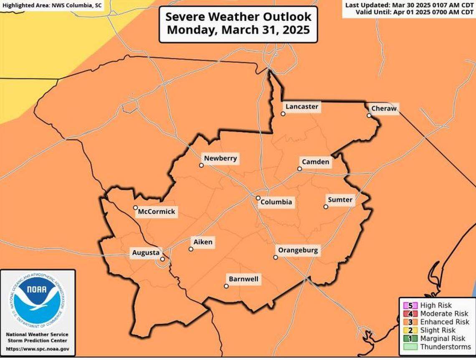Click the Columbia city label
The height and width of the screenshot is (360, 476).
(x=276, y=202)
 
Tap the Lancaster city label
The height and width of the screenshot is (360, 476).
(x=301, y=107)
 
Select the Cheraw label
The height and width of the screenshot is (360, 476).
(x=384, y=109)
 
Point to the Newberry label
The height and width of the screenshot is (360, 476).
(x=220, y=159)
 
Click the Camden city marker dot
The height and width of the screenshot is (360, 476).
(x=299, y=169)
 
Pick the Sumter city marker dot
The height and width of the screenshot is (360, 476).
(x=326, y=206)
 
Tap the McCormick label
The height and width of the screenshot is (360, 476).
(x=157, y=211)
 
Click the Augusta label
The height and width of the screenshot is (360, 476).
(x=146, y=253)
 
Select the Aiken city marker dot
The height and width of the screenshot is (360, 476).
(x=191, y=249)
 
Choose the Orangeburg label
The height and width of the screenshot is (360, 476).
(x=298, y=251)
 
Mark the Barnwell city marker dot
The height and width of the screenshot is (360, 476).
(x=226, y=286)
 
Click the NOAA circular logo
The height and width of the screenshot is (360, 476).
(x=38, y=300)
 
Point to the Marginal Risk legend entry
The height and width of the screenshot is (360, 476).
(x=442, y=339)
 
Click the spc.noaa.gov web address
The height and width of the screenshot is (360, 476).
(x=38, y=349)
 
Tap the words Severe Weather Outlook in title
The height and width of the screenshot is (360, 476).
(x=238, y=17)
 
